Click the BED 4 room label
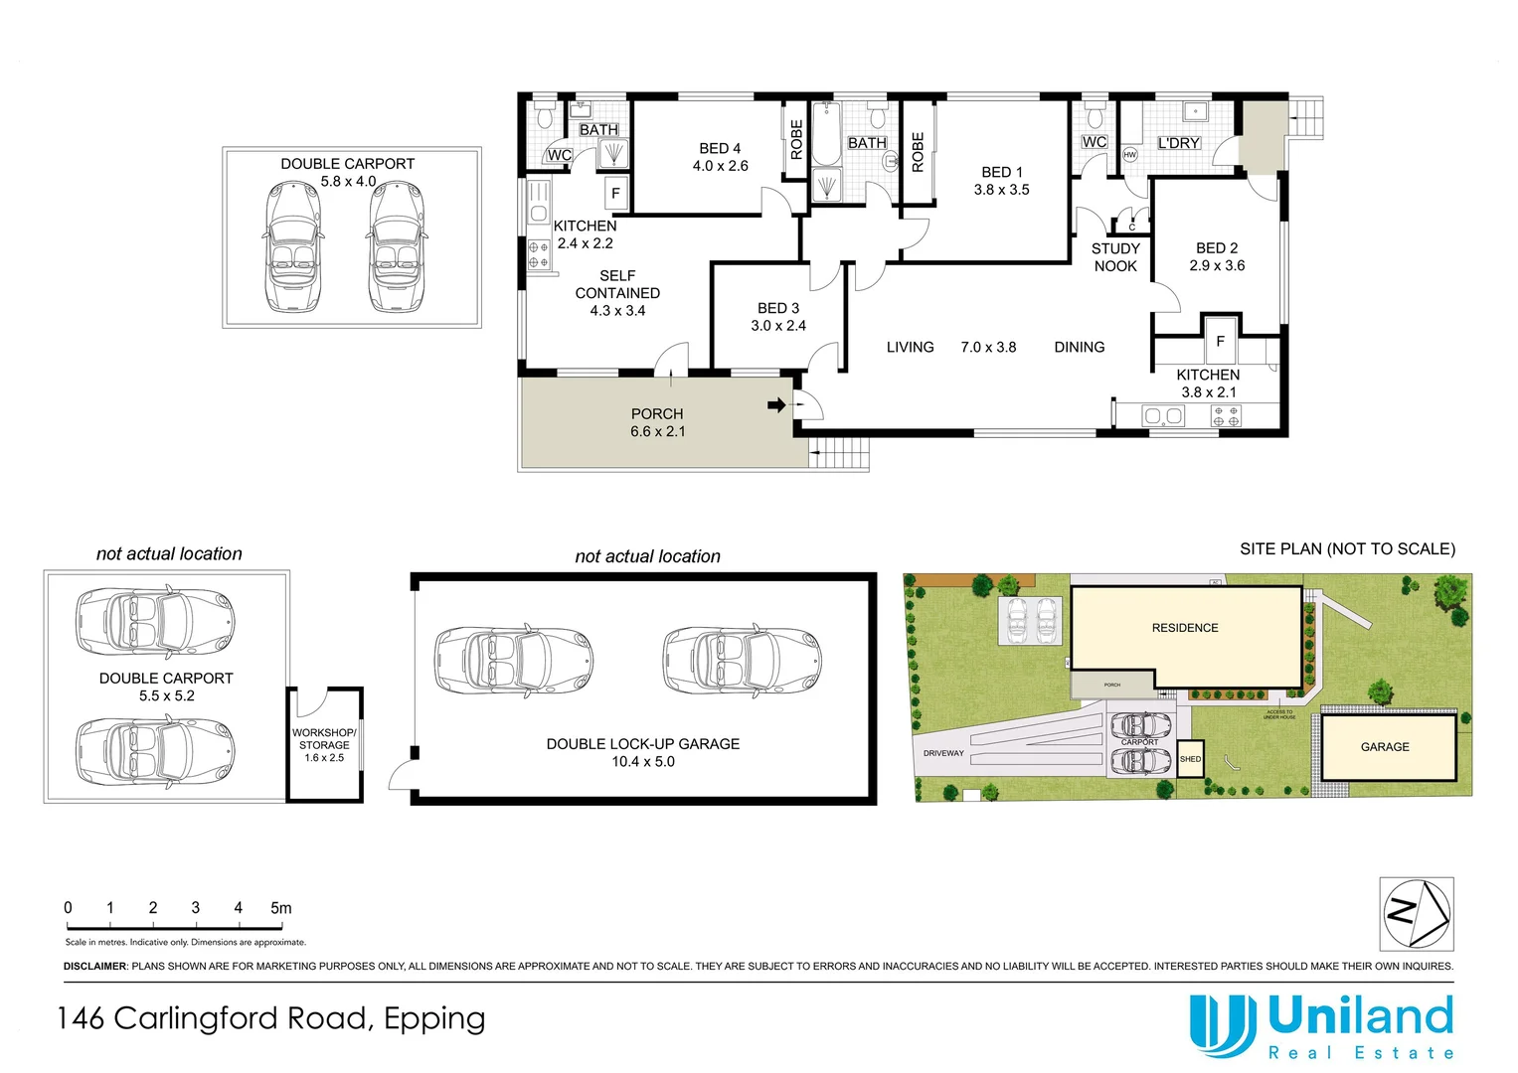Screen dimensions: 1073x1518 pyautogui.click(x=720, y=148)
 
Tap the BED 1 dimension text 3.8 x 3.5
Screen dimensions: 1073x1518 pyautogui.click(x=1001, y=190)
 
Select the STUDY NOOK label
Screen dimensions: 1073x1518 pyautogui.click(x=1115, y=257)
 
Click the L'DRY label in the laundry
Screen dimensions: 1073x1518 pyautogui.click(x=1178, y=143)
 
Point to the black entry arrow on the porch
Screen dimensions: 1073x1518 pyautogui.click(x=776, y=404)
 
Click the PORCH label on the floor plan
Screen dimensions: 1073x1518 pyautogui.click(x=657, y=413)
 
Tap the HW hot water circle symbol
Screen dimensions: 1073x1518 pyautogui.click(x=1129, y=155)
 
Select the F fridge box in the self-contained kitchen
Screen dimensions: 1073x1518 pyautogui.click(x=615, y=193)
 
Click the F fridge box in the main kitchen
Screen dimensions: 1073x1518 pyautogui.click(x=1220, y=341)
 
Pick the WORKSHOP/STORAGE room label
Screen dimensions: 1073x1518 pyautogui.click(x=324, y=739)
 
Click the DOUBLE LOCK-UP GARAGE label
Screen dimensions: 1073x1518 pyautogui.click(x=642, y=743)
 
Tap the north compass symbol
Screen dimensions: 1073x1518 pyautogui.click(x=1417, y=913)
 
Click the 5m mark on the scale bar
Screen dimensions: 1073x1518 pyautogui.click(x=280, y=908)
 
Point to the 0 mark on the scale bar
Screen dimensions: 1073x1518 pyautogui.click(x=68, y=908)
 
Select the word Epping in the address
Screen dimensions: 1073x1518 pyautogui.click(x=434, y=1019)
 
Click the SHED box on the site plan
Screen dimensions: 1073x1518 pyautogui.click(x=1190, y=759)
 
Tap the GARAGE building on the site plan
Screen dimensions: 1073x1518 pyautogui.click(x=1385, y=747)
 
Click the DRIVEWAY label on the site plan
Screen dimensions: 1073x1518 pyautogui.click(x=943, y=753)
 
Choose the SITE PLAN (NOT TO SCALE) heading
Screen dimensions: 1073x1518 pyautogui.click(x=1347, y=548)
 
